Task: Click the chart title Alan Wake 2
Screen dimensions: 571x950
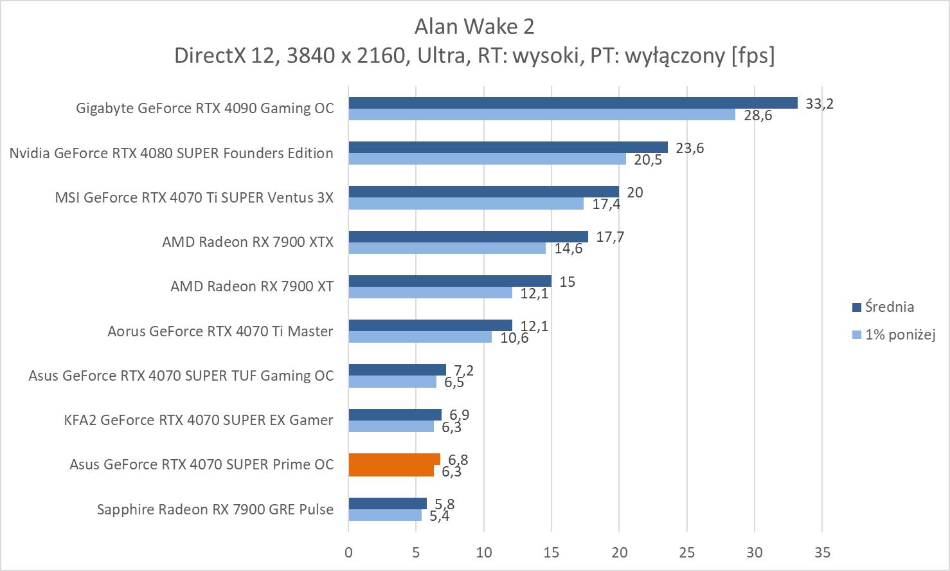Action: pyautogui.click(x=474, y=26)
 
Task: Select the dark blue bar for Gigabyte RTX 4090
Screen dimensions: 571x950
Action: pyautogui.click(x=573, y=103)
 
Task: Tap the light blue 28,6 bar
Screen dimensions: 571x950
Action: pyautogui.click(x=542, y=114)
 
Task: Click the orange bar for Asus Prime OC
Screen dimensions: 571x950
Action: pyautogui.click(x=394, y=464)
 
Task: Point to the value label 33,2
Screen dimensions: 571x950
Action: pyautogui.click(x=819, y=104)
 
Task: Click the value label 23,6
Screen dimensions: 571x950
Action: pyautogui.click(x=690, y=148)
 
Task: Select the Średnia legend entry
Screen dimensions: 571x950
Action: pyautogui.click(x=889, y=307)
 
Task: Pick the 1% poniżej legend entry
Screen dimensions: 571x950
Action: pyautogui.click(x=899, y=334)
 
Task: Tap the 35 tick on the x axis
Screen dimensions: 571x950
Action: pyautogui.click(x=822, y=552)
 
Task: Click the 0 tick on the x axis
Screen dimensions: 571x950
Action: pyautogui.click(x=348, y=552)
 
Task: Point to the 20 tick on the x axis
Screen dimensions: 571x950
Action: pyautogui.click(x=619, y=552)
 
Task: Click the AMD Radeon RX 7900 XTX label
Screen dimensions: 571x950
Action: pyautogui.click(x=248, y=242)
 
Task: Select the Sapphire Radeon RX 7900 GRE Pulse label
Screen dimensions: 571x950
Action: pyautogui.click(x=215, y=509)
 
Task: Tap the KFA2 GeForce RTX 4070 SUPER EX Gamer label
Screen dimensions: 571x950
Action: pyautogui.click(x=199, y=420)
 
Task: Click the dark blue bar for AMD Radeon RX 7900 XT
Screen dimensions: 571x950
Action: pyautogui.click(x=450, y=281)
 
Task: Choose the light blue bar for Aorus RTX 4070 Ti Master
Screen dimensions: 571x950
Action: pyautogui.click(x=420, y=337)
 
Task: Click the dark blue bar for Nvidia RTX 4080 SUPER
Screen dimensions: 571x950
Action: pyautogui.click(x=508, y=147)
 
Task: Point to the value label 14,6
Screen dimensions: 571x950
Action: pyautogui.click(x=568, y=248)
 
